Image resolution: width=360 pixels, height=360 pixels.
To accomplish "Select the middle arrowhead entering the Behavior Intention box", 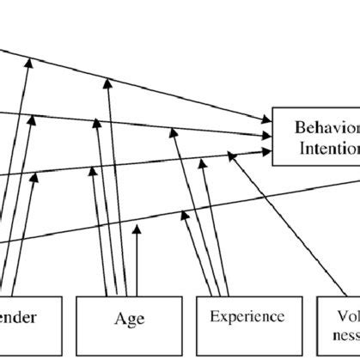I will [x=265, y=137].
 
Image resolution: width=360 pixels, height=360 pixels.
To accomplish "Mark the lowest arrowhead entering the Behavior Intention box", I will [x=265, y=149].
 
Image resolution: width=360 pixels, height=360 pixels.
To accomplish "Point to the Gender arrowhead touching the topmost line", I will [x=30, y=62].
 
